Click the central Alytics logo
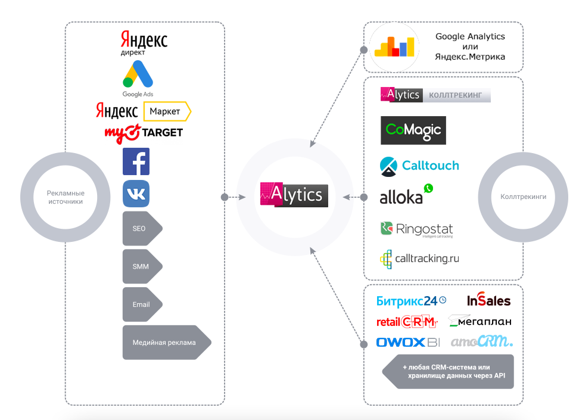click(294, 194)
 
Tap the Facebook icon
click(136, 161)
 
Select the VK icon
click(136, 194)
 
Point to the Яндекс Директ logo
click(144, 43)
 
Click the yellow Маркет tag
click(167, 111)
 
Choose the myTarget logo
click(144, 132)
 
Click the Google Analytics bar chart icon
click(394, 46)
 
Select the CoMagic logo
click(413, 130)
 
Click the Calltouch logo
click(419, 166)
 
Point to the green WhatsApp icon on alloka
click(428, 188)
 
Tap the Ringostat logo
click(416, 229)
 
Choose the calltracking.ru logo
click(419, 259)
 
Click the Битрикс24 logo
click(411, 301)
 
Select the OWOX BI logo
click(407, 342)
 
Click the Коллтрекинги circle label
click(523, 196)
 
